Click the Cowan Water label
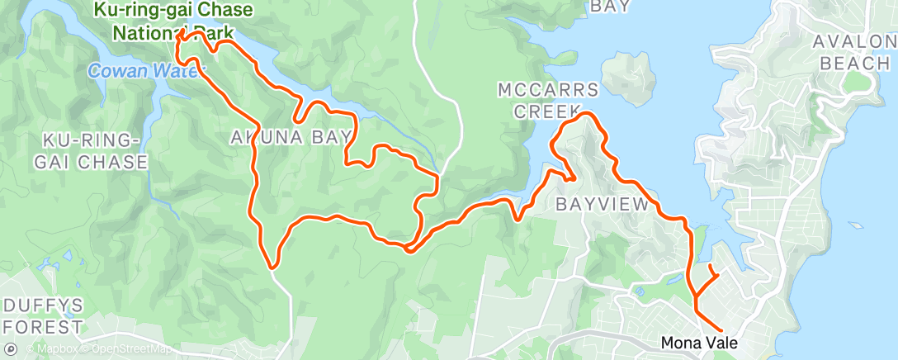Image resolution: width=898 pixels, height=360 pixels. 140,71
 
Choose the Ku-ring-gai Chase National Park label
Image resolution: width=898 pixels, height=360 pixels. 172,22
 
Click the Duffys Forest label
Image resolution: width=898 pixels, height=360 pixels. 41,316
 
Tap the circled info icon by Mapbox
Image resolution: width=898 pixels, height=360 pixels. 10,348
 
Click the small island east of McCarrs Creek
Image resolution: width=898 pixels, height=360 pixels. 631,78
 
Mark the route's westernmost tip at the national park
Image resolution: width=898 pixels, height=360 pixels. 178,36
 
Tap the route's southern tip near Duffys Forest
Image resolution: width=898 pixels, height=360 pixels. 272,267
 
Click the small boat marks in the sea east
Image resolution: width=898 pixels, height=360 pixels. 855,222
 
